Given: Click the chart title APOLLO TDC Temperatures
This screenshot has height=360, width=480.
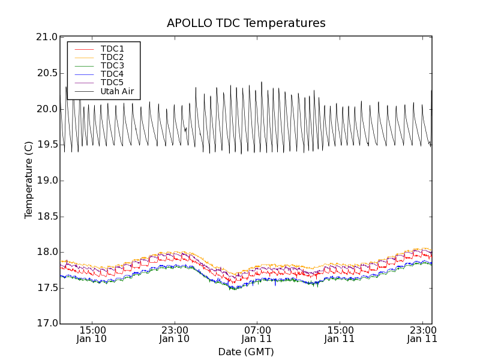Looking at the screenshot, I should coord(246,23).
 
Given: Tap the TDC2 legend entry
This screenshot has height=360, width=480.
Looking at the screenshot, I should coord(112,58).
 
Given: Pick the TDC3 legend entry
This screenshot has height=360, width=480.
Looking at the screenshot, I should coord(112,66).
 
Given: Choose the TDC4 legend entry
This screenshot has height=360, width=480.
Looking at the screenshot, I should coord(112,74).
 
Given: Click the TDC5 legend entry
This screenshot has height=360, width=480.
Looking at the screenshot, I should coord(112,83).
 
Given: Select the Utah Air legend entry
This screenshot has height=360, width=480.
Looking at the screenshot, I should coord(117,92).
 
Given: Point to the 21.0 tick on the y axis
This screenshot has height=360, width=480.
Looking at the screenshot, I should coord(47,37).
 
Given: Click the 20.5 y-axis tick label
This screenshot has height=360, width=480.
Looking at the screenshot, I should coord(47,73).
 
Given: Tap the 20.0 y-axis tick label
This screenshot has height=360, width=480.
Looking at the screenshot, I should coord(47,109).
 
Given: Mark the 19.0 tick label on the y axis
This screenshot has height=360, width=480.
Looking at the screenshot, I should coord(47,181).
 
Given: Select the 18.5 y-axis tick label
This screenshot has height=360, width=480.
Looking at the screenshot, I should coord(47,217).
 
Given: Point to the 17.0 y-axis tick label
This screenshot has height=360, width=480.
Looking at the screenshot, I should coord(47,324).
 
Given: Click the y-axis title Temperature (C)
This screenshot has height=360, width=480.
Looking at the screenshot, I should coord(29,180).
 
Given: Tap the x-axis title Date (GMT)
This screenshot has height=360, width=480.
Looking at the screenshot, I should coord(246,352).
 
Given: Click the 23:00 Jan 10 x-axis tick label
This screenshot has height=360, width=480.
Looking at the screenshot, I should coord(175,335).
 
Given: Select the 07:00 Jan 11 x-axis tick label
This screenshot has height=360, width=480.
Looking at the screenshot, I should coord(257,335).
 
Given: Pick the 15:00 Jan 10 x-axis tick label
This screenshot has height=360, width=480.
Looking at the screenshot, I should coord(92,335).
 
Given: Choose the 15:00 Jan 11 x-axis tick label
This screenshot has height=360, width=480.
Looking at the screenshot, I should coord(340,335).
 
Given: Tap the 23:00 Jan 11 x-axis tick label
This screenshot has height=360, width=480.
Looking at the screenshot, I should coord(422,335).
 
